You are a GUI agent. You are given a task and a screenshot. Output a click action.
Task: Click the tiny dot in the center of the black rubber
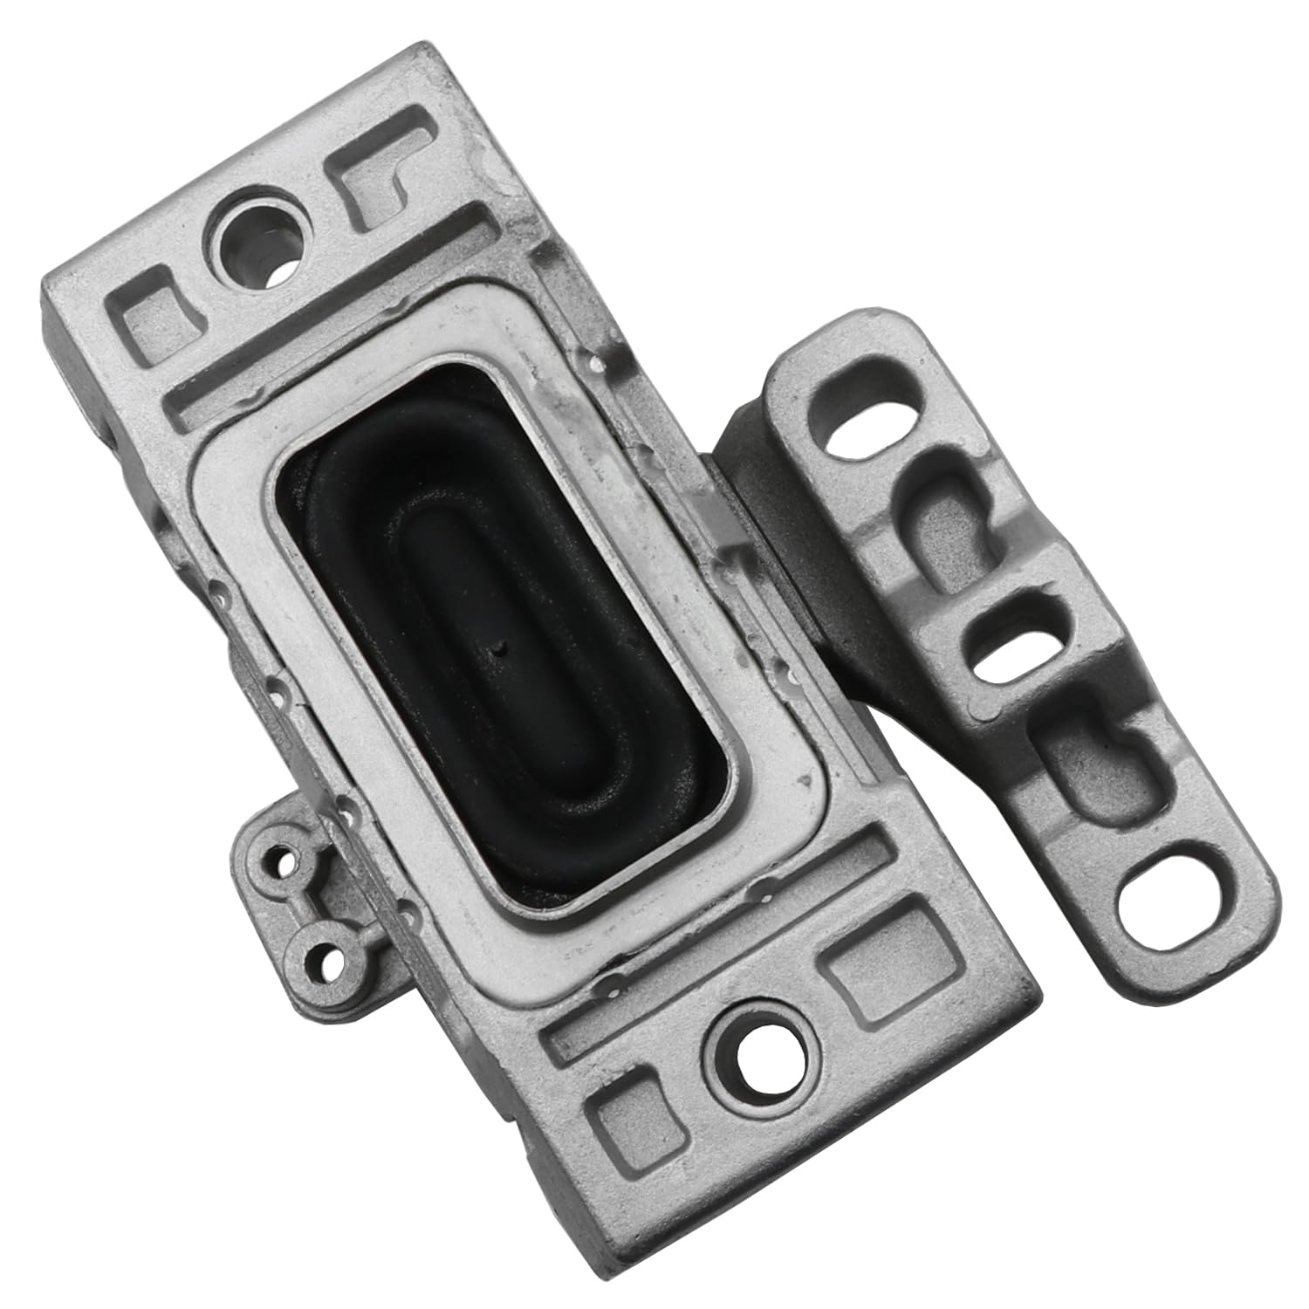(499, 648)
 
